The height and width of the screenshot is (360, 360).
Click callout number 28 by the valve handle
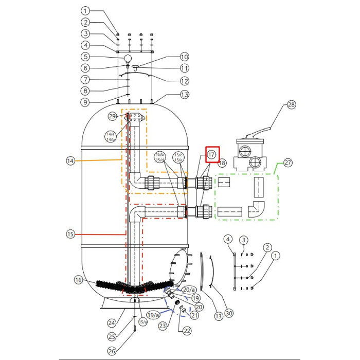click(292, 105)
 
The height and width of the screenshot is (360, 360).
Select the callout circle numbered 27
click(287, 163)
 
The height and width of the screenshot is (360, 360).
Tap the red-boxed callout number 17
click(212, 154)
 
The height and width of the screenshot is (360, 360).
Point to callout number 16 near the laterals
click(78, 280)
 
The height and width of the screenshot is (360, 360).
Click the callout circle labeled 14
click(71, 161)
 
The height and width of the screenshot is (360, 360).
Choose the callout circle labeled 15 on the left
click(71, 235)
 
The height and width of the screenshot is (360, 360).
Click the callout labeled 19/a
click(152, 315)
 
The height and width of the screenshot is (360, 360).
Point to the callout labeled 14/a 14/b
click(111, 136)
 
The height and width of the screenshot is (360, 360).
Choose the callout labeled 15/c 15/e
click(178, 157)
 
